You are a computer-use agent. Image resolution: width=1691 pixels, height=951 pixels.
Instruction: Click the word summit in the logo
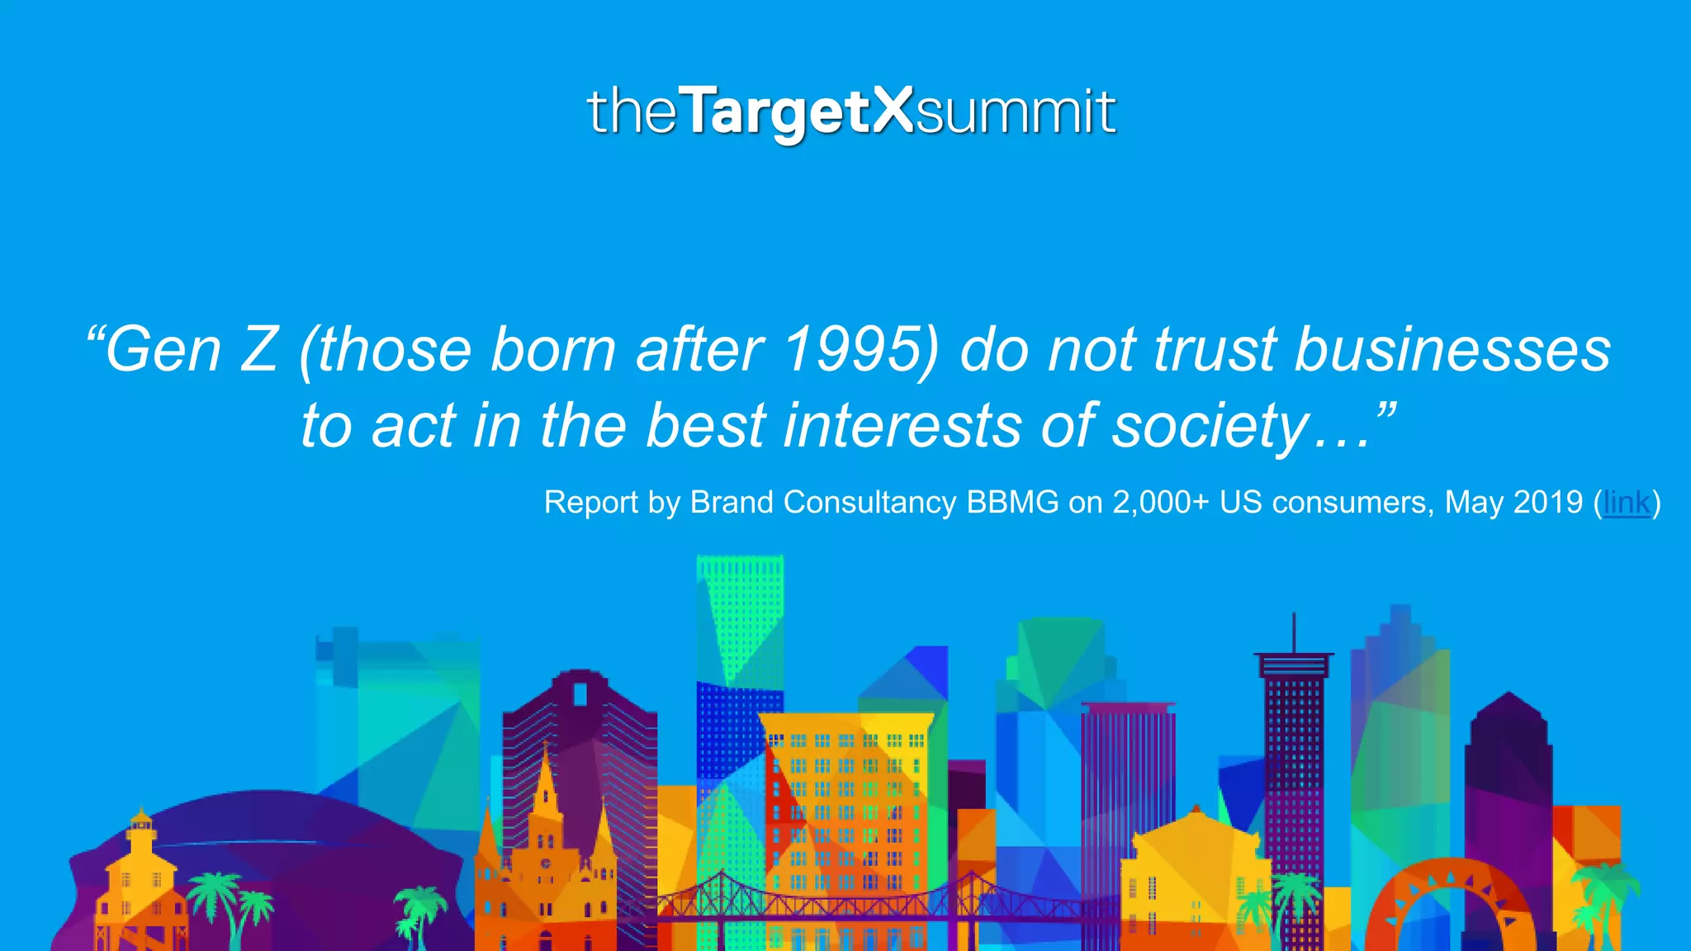point(1016,113)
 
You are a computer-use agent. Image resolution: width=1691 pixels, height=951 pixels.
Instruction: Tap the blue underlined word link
point(1627,502)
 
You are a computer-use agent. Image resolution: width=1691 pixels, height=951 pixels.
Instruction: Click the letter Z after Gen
point(258,349)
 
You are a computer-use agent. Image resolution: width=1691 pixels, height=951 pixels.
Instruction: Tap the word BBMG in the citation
point(1012,502)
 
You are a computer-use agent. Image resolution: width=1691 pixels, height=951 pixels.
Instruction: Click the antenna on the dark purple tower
point(1293,632)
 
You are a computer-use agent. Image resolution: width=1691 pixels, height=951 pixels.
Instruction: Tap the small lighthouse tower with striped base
point(141,826)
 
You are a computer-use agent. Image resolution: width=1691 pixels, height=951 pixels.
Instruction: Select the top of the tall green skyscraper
point(739,565)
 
